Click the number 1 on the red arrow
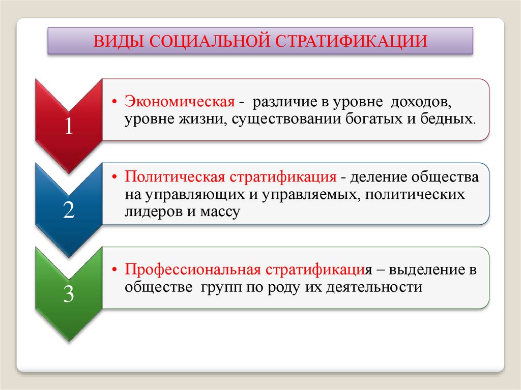coord(69,126)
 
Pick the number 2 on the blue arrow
coord(69,210)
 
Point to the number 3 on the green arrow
coord(69,294)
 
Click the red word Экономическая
coord(180,101)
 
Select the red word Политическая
coord(175,177)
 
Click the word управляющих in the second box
coord(195,195)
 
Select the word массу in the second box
coord(220,213)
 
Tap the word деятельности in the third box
coord(374,287)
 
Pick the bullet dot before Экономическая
coord(115,102)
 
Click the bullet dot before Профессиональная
coord(115,269)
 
